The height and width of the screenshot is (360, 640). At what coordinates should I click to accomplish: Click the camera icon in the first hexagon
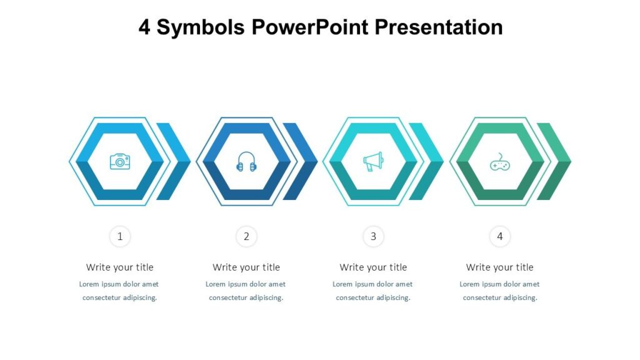pos(120,161)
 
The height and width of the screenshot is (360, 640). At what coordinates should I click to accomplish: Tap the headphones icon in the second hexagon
pos(246,162)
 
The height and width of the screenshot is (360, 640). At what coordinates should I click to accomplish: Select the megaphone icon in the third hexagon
pos(373,161)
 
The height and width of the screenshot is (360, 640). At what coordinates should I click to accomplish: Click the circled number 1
pos(120,236)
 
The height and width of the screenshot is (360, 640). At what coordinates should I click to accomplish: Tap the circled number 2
pos(246,236)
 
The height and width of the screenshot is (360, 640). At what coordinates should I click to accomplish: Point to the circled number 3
pos(373,236)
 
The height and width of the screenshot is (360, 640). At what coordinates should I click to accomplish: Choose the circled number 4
pos(499,236)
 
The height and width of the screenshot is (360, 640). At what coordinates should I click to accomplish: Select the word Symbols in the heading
pos(201,27)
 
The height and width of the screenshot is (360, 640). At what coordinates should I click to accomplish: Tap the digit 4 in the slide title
pos(144,27)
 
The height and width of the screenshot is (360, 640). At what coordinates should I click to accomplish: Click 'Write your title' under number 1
pos(120,267)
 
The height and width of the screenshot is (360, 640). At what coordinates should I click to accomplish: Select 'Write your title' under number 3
pos(373,267)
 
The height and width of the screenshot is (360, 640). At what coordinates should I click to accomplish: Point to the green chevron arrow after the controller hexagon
pos(555,161)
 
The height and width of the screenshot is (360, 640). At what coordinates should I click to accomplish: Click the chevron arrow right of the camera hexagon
pos(175,161)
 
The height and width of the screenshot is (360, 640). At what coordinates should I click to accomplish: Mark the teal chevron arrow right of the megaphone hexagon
pos(428,161)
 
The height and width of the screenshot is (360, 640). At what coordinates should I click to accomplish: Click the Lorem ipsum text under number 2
pos(246,291)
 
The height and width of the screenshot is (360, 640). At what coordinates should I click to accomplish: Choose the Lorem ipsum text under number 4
pos(499,291)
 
